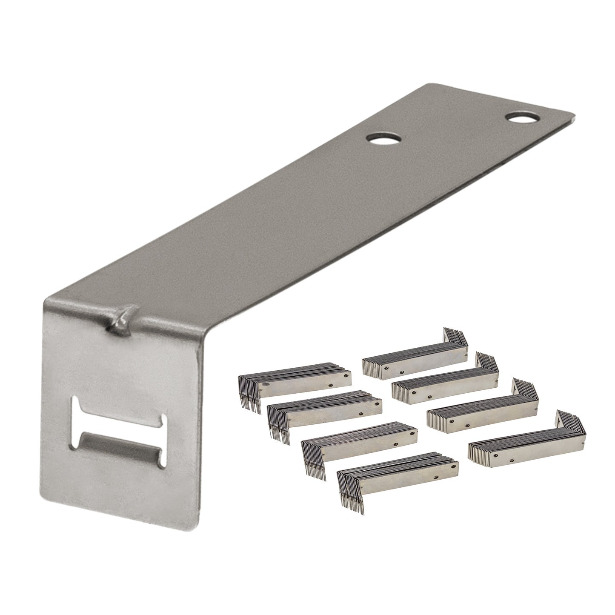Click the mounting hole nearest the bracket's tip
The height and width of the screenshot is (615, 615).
pos(520,117)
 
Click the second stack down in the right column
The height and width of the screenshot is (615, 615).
pos(445,385)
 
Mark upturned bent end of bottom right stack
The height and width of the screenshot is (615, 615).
pos(572,426)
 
